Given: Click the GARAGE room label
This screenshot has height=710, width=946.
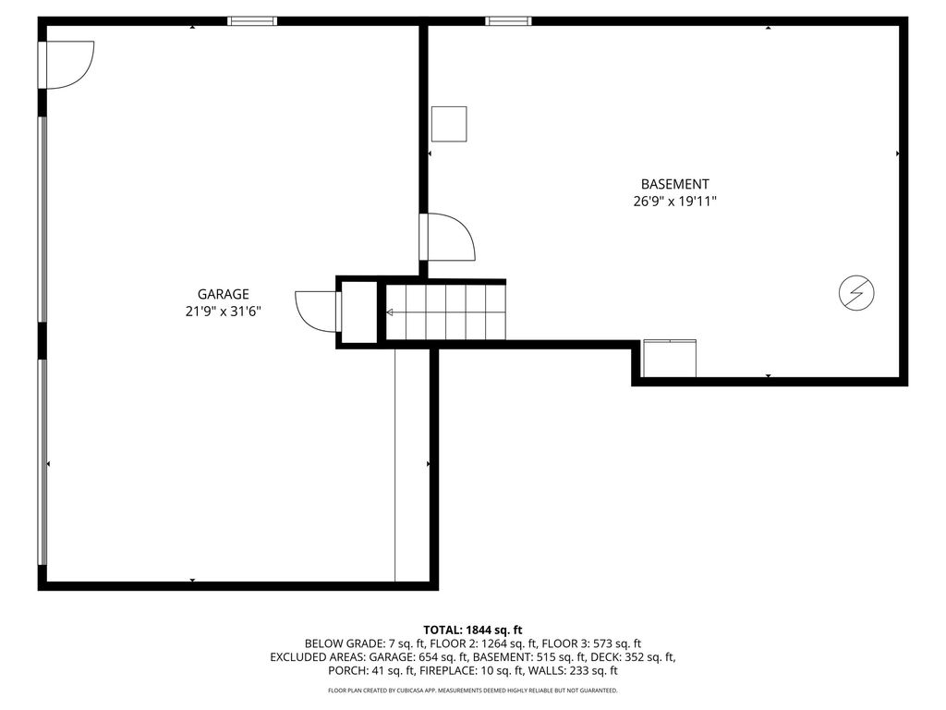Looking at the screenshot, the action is tap(224, 294).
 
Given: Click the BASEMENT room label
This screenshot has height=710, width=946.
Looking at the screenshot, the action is tap(674, 184).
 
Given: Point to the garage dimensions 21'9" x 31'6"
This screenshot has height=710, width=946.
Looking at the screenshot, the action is tap(224, 312).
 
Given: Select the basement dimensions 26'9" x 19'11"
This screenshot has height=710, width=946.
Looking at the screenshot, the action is tap(674, 202).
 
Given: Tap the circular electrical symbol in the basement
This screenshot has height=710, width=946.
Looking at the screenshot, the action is tap(856, 293).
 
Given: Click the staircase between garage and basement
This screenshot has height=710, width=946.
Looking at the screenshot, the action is tap(445, 312).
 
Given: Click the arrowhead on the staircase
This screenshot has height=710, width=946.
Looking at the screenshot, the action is tap(390, 312).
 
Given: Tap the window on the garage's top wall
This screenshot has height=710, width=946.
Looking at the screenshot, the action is tap(252, 21).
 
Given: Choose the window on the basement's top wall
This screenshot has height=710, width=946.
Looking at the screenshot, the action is tap(509, 21).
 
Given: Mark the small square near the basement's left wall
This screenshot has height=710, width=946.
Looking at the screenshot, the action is tap(449, 124).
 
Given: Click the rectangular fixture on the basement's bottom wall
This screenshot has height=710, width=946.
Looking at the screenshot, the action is tap(670, 359).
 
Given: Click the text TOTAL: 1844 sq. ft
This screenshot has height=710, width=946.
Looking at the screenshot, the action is tap(473, 630).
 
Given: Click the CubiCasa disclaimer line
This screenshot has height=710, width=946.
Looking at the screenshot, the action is tap(473, 690).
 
